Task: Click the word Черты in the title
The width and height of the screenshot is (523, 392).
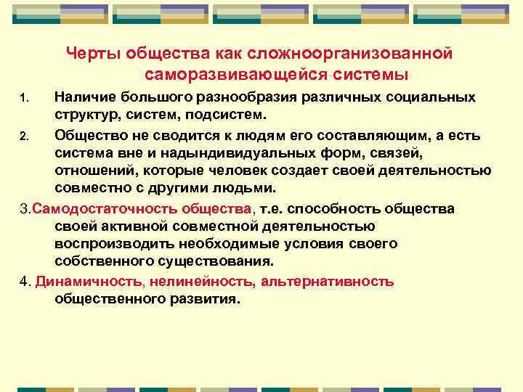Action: [92, 54]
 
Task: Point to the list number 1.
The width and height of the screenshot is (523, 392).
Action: [24, 98]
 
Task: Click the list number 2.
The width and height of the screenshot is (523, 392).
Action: [24, 136]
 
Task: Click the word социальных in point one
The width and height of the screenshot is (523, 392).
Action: [423, 97]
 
